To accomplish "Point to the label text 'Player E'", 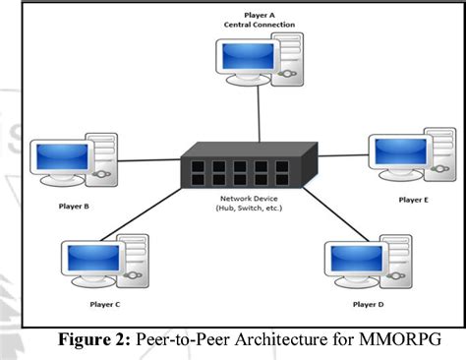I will pos(414,200).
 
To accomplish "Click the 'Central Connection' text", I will pos(261,24).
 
